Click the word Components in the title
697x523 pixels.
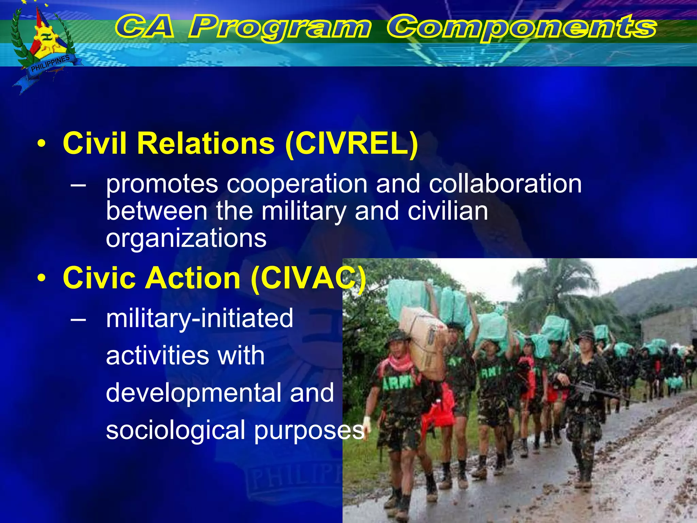pos(521,27)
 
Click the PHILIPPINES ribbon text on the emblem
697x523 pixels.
pos(50,64)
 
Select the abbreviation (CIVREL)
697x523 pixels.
pos(352,144)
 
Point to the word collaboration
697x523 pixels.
pos(505,184)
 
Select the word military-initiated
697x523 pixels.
pos(199,318)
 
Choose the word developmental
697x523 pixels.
pos(194,393)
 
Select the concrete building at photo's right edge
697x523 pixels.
pos(667,327)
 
